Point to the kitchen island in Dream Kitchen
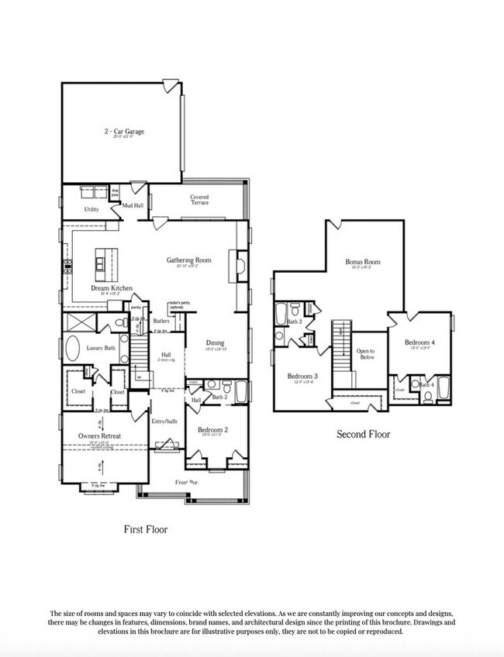click(x=102, y=264)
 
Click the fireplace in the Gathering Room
click(x=238, y=267)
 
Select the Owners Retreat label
click(x=99, y=436)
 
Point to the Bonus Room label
click(x=363, y=262)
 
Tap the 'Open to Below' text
click(x=366, y=354)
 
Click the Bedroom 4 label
click(x=419, y=342)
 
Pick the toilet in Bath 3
click(x=279, y=335)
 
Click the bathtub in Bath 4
click(x=444, y=387)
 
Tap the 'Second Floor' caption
click(x=363, y=434)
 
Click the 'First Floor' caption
click(x=146, y=530)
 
